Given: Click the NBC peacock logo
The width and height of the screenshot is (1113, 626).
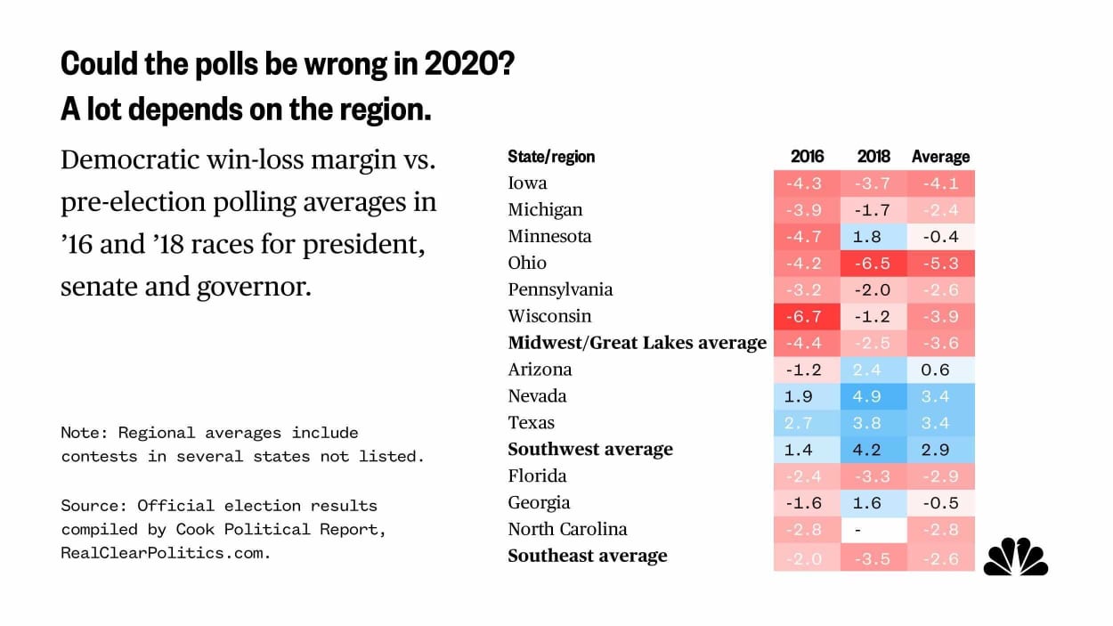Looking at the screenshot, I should pyautogui.click(x=1015, y=557).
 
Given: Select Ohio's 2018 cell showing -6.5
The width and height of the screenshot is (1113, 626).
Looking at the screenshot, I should pyautogui.click(x=873, y=264).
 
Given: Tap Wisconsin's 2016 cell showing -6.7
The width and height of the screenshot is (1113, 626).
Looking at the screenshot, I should pyautogui.click(x=807, y=317).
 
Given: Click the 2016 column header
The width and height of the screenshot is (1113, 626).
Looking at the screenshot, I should pyautogui.click(x=807, y=157).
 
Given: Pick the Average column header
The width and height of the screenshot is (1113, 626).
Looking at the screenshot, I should pyautogui.click(x=940, y=157).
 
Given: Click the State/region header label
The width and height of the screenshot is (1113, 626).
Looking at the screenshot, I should pyautogui.click(x=551, y=157).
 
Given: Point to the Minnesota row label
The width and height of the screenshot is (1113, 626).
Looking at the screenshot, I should pyautogui.click(x=549, y=237).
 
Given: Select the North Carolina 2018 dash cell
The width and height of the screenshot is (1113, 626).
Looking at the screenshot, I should pyautogui.click(x=873, y=530).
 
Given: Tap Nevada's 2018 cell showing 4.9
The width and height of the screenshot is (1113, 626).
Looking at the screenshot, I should pyautogui.click(x=873, y=396).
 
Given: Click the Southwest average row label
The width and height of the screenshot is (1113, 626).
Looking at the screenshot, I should pyautogui.click(x=590, y=450).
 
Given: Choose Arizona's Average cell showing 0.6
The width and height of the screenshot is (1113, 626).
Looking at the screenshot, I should pyautogui.click(x=940, y=370).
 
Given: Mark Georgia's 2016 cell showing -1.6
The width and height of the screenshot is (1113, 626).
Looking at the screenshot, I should pyautogui.click(x=807, y=503).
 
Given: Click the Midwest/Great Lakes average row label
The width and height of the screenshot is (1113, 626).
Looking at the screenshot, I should pyautogui.click(x=637, y=343).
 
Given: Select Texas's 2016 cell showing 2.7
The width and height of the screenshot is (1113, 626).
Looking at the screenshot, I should pyautogui.click(x=807, y=423).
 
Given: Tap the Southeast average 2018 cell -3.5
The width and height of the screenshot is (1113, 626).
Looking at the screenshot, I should pyautogui.click(x=873, y=557).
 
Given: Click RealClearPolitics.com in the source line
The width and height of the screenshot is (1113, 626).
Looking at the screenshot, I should pyautogui.click(x=165, y=553).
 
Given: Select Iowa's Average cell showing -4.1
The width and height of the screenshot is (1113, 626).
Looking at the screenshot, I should pyautogui.click(x=940, y=183).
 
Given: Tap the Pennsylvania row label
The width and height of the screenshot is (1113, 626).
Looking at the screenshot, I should pyautogui.click(x=560, y=290).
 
